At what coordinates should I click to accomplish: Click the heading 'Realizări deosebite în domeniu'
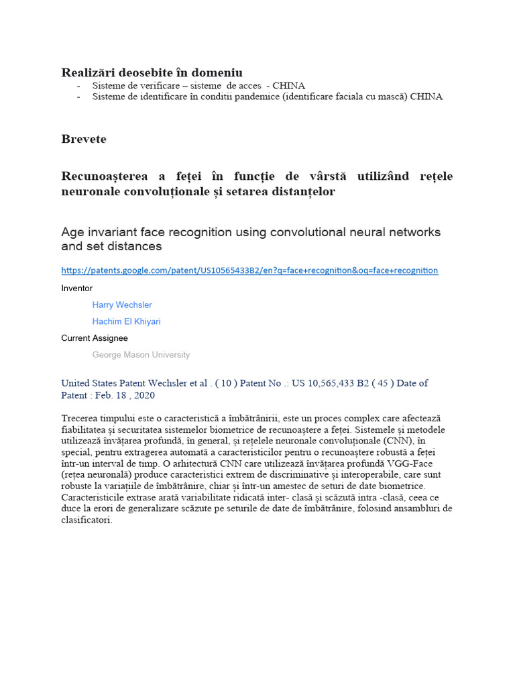[152, 72]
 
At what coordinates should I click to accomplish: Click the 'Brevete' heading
[84, 140]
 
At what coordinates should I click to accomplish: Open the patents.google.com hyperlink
[249, 270]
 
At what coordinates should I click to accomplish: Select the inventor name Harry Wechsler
[122, 305]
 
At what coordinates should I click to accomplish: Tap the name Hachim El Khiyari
[126, 321]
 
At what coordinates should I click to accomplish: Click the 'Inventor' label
[77, 288]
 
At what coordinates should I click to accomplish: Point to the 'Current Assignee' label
[95, 338]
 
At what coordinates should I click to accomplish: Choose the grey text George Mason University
[141, 355]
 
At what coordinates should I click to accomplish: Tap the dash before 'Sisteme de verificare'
[79, 86]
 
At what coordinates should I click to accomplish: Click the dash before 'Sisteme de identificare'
[79, 97]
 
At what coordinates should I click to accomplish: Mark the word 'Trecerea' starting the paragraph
[80, 419]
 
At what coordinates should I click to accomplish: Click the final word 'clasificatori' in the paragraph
[87, 520]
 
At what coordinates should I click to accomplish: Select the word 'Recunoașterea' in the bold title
[105, 176]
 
